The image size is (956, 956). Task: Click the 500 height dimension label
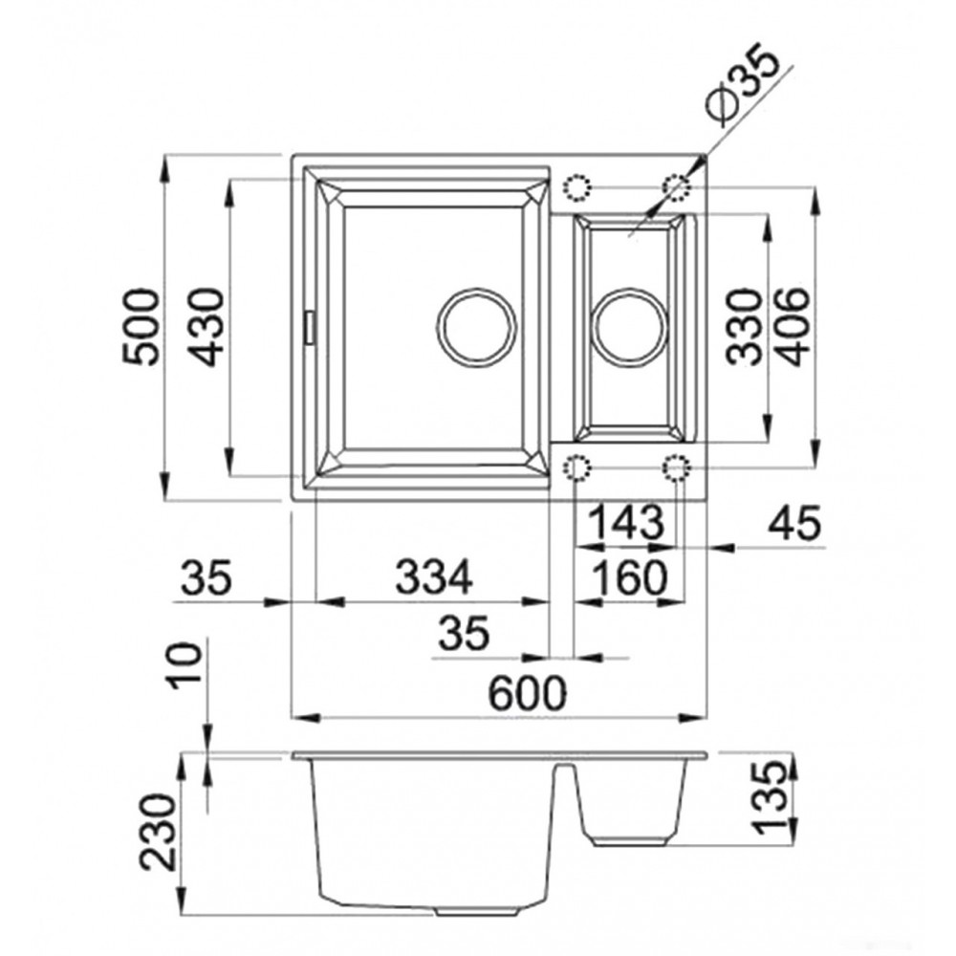tap(141, 327)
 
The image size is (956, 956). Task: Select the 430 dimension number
tap(205, 327)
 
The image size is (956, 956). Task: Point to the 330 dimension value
tap(743, 327)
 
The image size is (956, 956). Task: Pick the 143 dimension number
tap(627, 522)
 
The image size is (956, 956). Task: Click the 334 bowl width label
tap(433, 577)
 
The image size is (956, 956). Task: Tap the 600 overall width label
tap(528, 693)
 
